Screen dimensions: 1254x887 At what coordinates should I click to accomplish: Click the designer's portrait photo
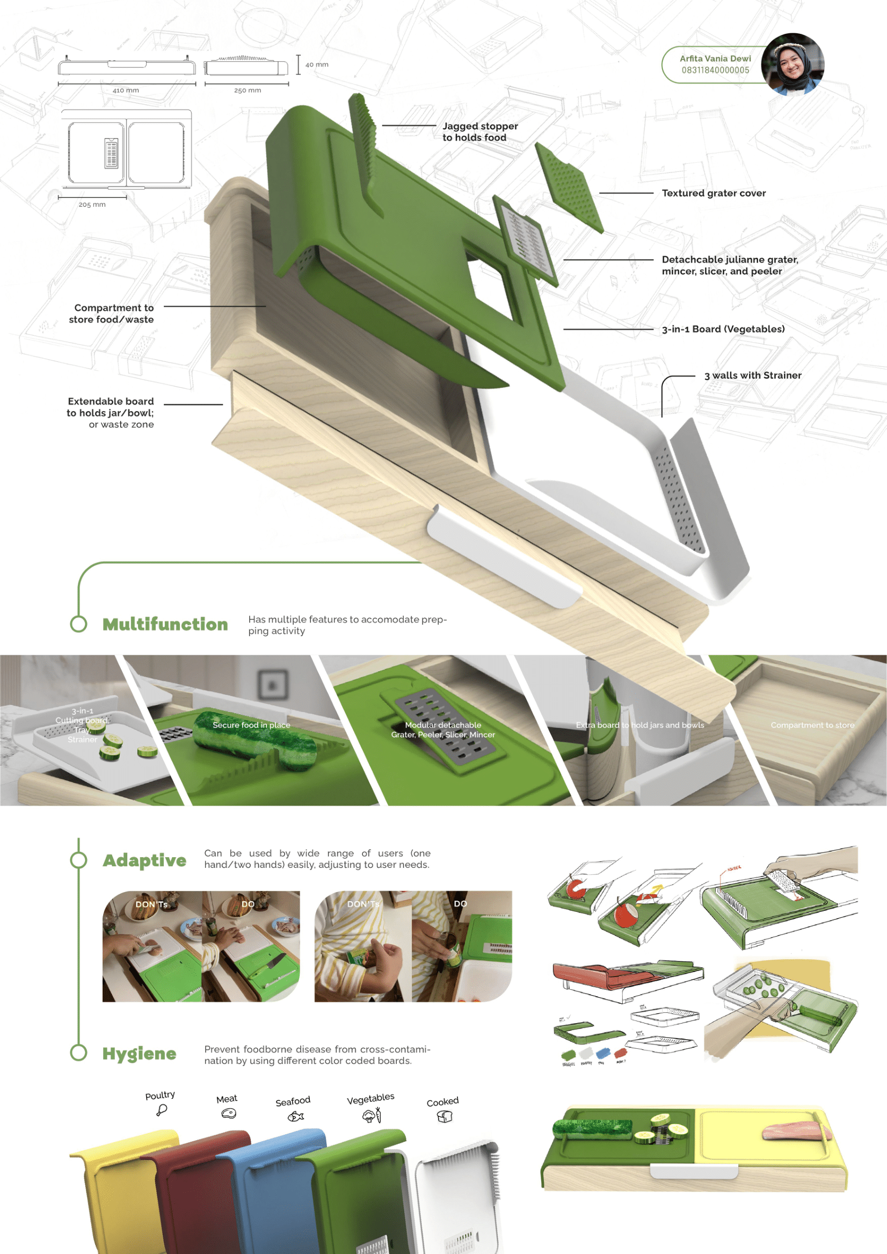click(x=793, y=64)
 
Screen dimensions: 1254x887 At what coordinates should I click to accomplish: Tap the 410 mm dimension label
click(x=126, y=90)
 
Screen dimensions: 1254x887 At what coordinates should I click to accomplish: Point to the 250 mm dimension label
click(x=248, y=90)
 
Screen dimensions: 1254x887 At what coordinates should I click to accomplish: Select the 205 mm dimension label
click(x=92, y=204)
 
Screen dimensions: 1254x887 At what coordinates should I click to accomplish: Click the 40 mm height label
click(x=317, y=64)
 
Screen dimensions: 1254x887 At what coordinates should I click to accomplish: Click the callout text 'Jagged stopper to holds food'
click(x=479, y=132)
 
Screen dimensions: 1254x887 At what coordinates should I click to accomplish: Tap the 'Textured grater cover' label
click(x=714, y=193)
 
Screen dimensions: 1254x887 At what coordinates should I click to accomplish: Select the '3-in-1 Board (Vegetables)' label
click(x=723, y=329)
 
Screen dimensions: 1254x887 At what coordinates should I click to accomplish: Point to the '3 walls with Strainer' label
click(x=753, y=375)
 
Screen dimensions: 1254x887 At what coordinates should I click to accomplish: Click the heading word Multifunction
click(x=165, y=624)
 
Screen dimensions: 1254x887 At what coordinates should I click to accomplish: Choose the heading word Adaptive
click(x=144, y=860)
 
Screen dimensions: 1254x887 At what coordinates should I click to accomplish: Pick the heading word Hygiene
click(x=139, y=1054)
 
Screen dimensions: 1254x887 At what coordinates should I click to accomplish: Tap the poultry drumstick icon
click(x=161, y=1111)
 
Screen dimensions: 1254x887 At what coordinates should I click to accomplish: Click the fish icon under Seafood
click(x=295, y=1117)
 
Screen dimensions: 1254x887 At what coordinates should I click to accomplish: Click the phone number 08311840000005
click(x=715, y=70)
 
